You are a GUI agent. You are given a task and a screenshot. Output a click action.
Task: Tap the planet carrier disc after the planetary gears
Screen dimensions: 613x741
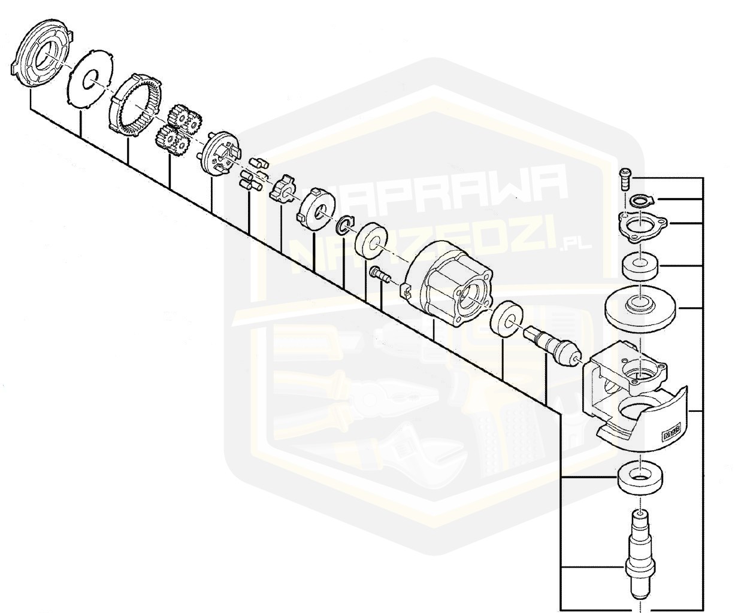[217, 153]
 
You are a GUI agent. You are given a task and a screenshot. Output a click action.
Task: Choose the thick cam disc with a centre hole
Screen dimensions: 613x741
[316, 207]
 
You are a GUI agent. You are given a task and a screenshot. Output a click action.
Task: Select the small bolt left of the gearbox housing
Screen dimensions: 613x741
[379, 275]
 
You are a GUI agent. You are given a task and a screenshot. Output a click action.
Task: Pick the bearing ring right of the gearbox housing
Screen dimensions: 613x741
[507, 319]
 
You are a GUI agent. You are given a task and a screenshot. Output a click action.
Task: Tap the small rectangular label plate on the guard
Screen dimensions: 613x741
[671, 431]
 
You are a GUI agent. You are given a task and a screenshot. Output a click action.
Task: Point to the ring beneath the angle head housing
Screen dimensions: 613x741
[640, 477]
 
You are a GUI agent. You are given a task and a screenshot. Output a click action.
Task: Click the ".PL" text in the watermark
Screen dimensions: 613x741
[576, 244]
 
